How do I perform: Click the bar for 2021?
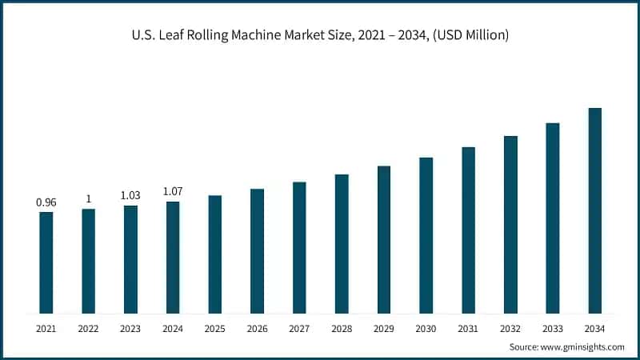[46, 262]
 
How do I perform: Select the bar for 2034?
[594, 210]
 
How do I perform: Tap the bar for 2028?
[342, 243]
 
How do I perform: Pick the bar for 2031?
[468, 230]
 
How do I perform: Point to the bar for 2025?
[215, 254]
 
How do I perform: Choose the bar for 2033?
[553, 218]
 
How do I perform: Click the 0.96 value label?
[46, 202]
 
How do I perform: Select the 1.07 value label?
[173, 191]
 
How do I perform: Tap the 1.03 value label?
[130, 195]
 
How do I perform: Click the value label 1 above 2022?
[88, 199]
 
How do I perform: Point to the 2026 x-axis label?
[257, 329]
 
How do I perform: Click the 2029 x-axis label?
[383, 329]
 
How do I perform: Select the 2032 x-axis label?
[510, 329]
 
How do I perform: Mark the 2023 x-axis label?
[130, 329]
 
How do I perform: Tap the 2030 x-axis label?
[426, 329]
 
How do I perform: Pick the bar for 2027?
[299, 247]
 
